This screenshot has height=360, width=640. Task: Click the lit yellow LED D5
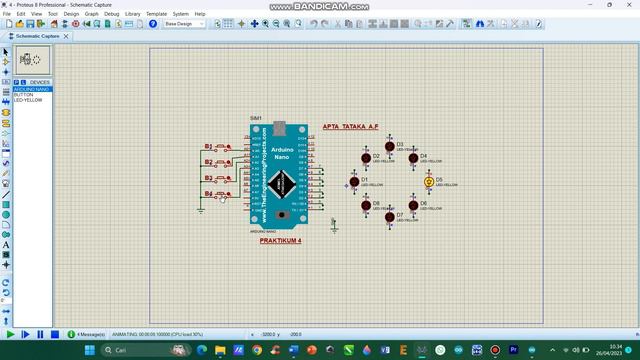429,181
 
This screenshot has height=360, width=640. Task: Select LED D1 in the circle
353,182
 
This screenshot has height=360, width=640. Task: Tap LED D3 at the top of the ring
390,146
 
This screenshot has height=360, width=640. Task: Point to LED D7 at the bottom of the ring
390,216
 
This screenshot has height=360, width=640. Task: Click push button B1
227,147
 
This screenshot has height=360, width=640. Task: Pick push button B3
227,178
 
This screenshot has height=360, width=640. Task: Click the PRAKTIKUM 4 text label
280,240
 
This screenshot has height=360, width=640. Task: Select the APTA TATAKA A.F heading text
350,127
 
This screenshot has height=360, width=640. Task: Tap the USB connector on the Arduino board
279,129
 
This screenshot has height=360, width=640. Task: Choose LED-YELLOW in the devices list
27,100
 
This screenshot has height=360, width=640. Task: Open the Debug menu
111,14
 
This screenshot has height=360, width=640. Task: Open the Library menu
133,14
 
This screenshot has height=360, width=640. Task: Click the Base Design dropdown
184,23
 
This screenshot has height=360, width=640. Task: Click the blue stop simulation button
54,334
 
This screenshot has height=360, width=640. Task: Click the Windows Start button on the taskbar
89,351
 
